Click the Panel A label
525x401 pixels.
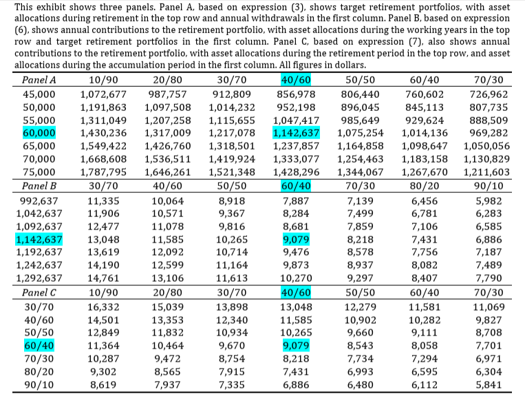point(39,80)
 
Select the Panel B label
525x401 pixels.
point(39,186)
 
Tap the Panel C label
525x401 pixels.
point(39,293)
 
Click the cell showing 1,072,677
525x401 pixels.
point(103,94)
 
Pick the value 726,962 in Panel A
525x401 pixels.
point(489,94)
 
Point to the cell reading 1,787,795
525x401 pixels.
point(103,172)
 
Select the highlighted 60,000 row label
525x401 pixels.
point(39,133)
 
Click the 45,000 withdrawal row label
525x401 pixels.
point(39,94)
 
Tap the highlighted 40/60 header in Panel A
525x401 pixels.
point(296,80)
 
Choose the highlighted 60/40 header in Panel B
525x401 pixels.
point(296,186)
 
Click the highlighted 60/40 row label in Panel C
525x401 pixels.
point(39,346)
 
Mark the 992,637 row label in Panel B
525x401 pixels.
point(39,201)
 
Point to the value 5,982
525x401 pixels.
point(489,201)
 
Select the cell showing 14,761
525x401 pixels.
point(103,278)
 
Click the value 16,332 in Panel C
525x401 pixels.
point(103,307)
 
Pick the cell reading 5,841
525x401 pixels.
point(489,385)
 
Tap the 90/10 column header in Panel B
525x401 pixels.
point(489,186)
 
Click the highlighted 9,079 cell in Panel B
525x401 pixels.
point(296,240)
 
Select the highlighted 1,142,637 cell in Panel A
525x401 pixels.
point(296,133)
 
